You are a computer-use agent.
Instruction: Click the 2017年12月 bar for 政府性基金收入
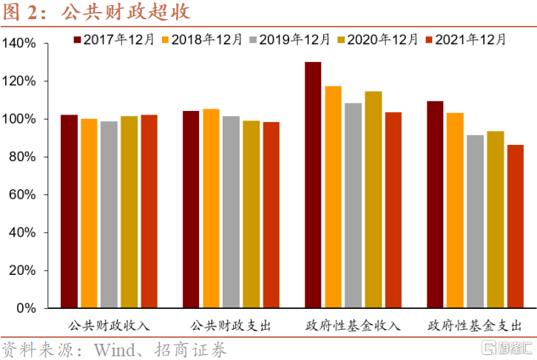pos(313,185)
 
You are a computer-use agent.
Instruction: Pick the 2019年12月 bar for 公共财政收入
pos(109,214)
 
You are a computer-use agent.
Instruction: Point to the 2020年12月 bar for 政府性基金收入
pos(373,200)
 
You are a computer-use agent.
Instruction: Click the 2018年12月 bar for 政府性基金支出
pos(455,210)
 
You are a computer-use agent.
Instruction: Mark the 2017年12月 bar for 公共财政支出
pos(191,209)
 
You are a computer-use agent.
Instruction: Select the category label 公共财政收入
pos(109,325)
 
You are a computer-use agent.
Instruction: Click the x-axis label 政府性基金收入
pos(352,325)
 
